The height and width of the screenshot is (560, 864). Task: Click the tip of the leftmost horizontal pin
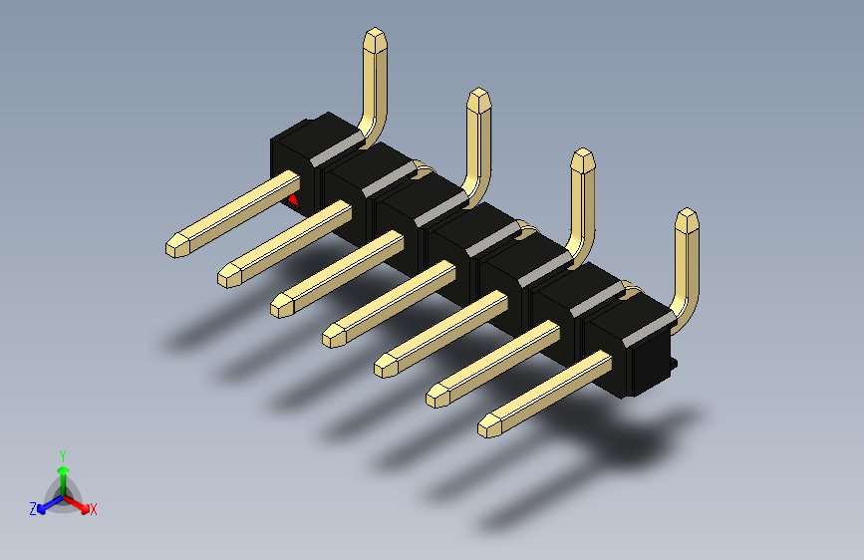(x=176, y=246)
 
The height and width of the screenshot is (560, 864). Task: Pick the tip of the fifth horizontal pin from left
(x=386, y=367)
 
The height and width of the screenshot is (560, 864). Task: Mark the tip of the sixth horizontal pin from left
(x=437, y=397)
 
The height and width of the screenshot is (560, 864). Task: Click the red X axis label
(x=94, y=510)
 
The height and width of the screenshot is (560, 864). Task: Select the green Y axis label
(x=62, y=453)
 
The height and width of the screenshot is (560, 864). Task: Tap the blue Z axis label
(x=33, y=508)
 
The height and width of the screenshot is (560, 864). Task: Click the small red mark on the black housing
(x=294, y=200)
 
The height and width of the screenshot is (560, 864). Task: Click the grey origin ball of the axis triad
(x=63, y=494)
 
